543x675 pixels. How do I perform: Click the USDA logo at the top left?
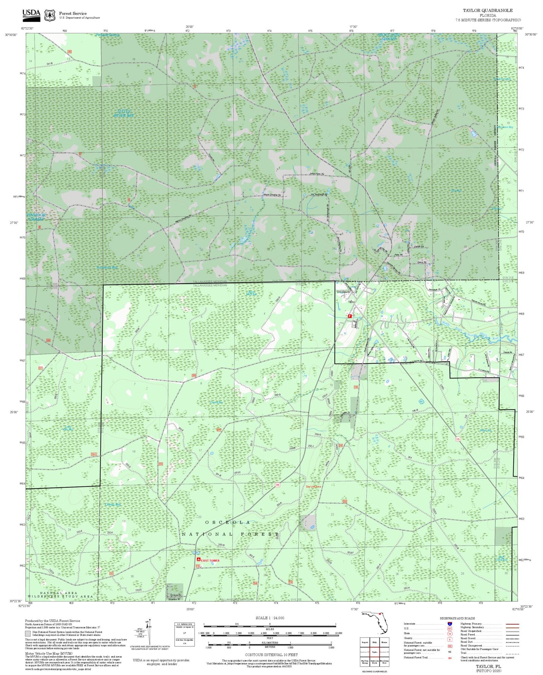click(x=31, y=14)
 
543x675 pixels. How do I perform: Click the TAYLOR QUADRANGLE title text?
click(x=487, y=11)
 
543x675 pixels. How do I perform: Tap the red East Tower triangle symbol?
click(x=198, y=560)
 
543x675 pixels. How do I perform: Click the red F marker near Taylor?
click(x=350, y=316)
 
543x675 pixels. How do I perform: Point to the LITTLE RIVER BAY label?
click(x=124, y=113)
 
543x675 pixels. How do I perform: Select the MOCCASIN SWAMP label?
click(x=389, y=37)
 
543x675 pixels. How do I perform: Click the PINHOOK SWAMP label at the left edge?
click(x=36, y=217)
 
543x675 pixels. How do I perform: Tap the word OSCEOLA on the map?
click(x=227, y=522)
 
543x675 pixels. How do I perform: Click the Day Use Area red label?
click(x=313, y=486)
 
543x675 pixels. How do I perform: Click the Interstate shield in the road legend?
click(x=450, y=624)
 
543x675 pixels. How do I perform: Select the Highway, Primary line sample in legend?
click(x=512, y=624)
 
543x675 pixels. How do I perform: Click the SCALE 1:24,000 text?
click(x=270, y=618)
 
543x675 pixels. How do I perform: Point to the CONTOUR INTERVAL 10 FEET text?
click(x=271, y=655)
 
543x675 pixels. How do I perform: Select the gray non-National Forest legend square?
click(x=28, y=634)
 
